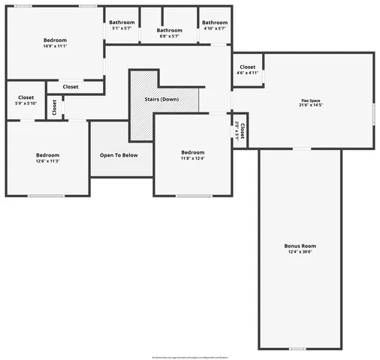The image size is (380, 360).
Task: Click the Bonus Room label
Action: click(300, 246)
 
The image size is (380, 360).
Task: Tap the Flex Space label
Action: click(311, 100)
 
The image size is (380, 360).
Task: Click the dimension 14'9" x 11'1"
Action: click(55, 46)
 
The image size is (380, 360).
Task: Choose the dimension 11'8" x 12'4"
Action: click(192, 158)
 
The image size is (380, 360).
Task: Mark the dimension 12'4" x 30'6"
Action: click(300, 253)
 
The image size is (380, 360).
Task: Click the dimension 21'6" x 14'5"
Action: click(311, 106)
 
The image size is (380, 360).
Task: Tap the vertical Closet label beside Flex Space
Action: click(241, 129)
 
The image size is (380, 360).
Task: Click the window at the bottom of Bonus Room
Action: click(298, 348)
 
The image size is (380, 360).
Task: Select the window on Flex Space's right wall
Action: click(372, 112)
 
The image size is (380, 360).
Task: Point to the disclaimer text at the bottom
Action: click(190, 357)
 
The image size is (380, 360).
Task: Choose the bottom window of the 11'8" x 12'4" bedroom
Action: click(193, 196)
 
